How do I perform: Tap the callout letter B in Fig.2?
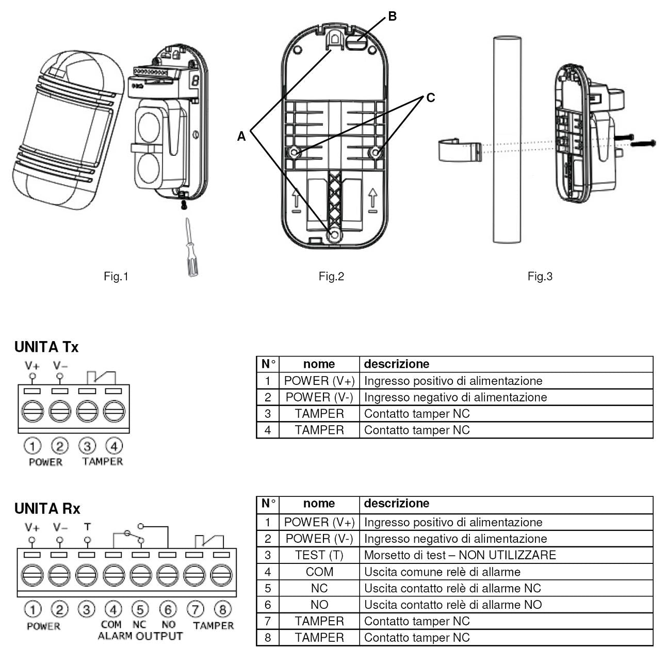[x=392, y=17]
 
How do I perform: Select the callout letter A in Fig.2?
[x=241, y=136]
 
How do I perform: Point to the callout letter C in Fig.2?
[x=430, y=98]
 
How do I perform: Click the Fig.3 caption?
[x=540, y=277]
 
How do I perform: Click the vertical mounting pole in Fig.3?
[x=508, y=139]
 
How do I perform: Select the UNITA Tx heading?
[x=46, y=347]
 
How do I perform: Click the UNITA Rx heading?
[x=47, y=509]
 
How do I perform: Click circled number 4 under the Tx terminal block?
[x=114, y=446]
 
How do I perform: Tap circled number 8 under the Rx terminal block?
[x=222, y=610]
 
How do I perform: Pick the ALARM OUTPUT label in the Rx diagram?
[x=140, y=636]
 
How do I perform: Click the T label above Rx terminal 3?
[x=87, y=527]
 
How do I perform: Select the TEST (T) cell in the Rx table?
[x=319, y=555]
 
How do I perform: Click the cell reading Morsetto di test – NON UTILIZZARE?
[x=460, y=555]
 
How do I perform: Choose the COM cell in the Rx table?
[x=319, y=572]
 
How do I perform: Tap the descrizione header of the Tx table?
[x=396, y=364]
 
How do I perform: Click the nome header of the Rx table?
[x=319, y=504]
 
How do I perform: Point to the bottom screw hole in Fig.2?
[x=335, y=235]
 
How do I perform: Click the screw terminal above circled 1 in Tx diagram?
[x=32, y=412]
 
